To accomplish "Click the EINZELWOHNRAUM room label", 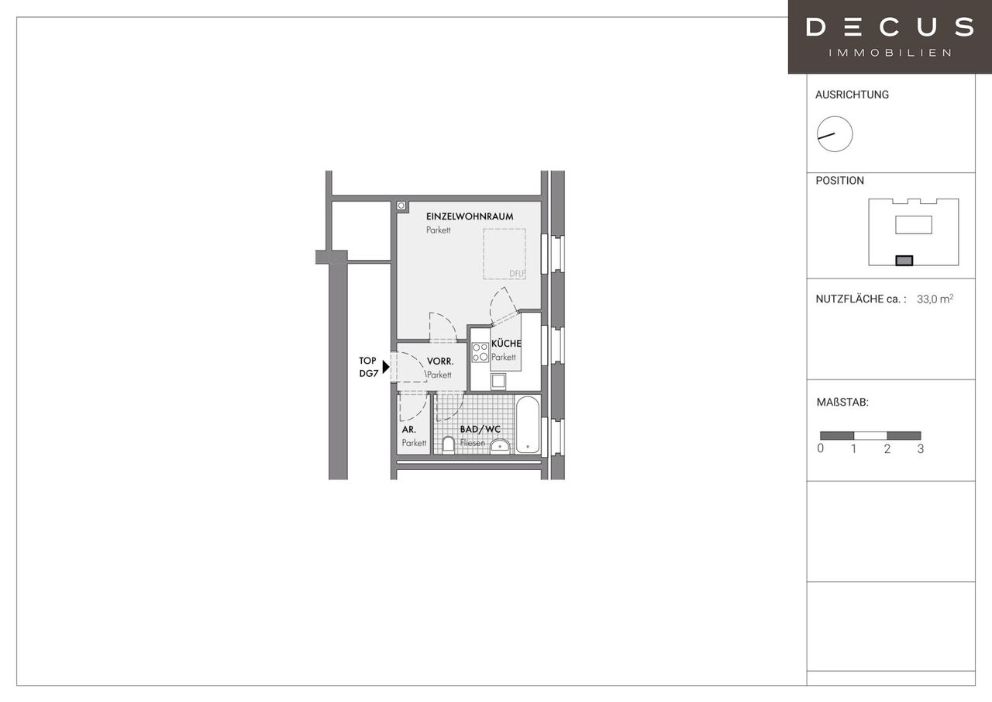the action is point(470,216).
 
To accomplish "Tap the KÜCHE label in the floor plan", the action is point(506,344).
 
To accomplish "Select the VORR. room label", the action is point(440,361).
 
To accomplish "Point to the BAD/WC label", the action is point(480,429).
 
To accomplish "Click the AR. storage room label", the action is point(408,430).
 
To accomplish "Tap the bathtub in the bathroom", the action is point(528,424).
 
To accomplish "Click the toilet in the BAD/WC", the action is point(449,445).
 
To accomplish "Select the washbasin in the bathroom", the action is point(500,446).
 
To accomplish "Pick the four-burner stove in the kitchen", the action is point(480,352).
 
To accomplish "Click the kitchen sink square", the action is point(498,381).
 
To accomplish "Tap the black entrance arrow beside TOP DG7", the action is point(386,366).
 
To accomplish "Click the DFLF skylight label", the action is point(517,274).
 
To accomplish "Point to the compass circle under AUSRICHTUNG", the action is point(835,134).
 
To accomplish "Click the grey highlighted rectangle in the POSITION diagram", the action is point(904,261).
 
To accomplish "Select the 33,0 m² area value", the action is point(935,299).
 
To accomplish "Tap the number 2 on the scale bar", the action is point(887,449).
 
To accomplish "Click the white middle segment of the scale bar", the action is point(870,436).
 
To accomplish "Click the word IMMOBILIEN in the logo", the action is point(890,53).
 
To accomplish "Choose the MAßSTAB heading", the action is point(842,403).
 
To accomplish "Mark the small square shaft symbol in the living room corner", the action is point(401,206).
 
